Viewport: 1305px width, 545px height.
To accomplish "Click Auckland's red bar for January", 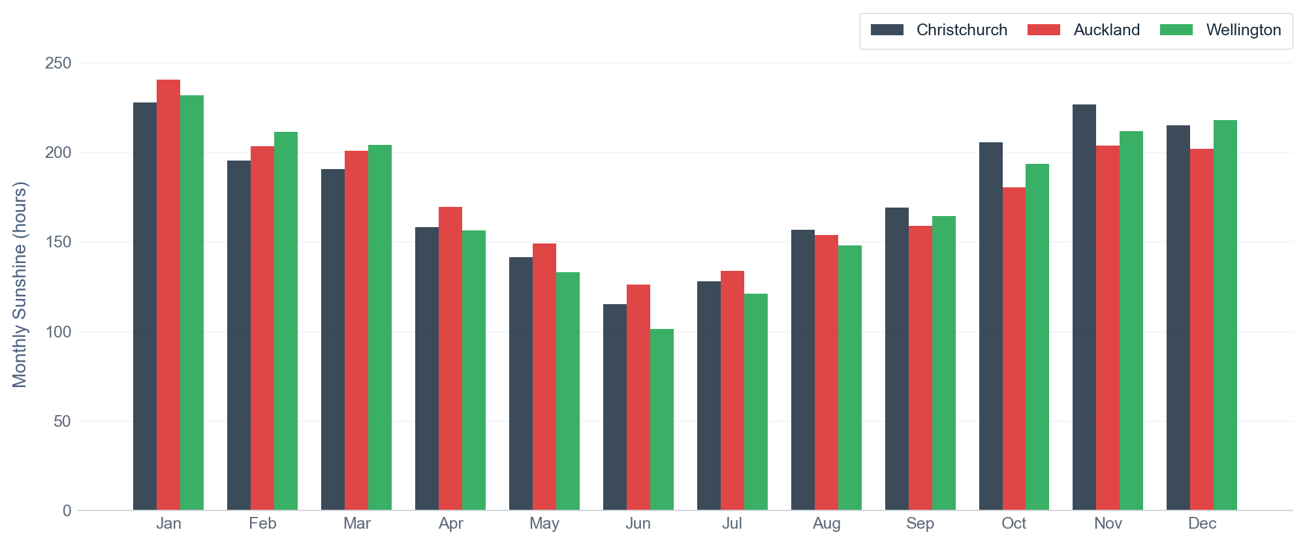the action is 168,295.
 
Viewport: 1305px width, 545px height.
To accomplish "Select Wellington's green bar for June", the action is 662,420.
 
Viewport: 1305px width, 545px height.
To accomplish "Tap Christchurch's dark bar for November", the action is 1084,307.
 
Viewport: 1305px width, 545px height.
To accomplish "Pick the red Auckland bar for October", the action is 1014,349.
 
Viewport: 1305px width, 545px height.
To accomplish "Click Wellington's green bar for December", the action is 1225,315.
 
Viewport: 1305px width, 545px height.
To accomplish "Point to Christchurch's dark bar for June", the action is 615,407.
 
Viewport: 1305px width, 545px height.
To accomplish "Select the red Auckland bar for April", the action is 450,359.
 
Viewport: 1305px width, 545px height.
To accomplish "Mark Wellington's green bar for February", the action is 286,321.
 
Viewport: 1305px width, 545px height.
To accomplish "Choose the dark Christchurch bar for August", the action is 803,370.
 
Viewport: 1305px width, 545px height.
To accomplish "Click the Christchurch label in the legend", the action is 962,30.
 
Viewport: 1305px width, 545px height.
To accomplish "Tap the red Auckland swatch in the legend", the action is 1044,30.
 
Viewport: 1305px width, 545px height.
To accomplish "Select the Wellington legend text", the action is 1244,30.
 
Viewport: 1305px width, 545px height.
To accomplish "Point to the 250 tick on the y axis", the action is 58,63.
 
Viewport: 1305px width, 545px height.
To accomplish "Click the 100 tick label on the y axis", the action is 58,332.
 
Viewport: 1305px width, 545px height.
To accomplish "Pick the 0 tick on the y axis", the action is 67,511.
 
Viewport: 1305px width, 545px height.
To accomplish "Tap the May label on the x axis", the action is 544,523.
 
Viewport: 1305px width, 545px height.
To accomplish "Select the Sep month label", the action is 920,523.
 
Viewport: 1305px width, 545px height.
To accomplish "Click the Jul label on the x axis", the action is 732,523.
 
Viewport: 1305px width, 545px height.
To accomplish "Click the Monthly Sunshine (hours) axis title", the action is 20,285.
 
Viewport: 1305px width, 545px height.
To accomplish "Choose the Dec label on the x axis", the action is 1202,523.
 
